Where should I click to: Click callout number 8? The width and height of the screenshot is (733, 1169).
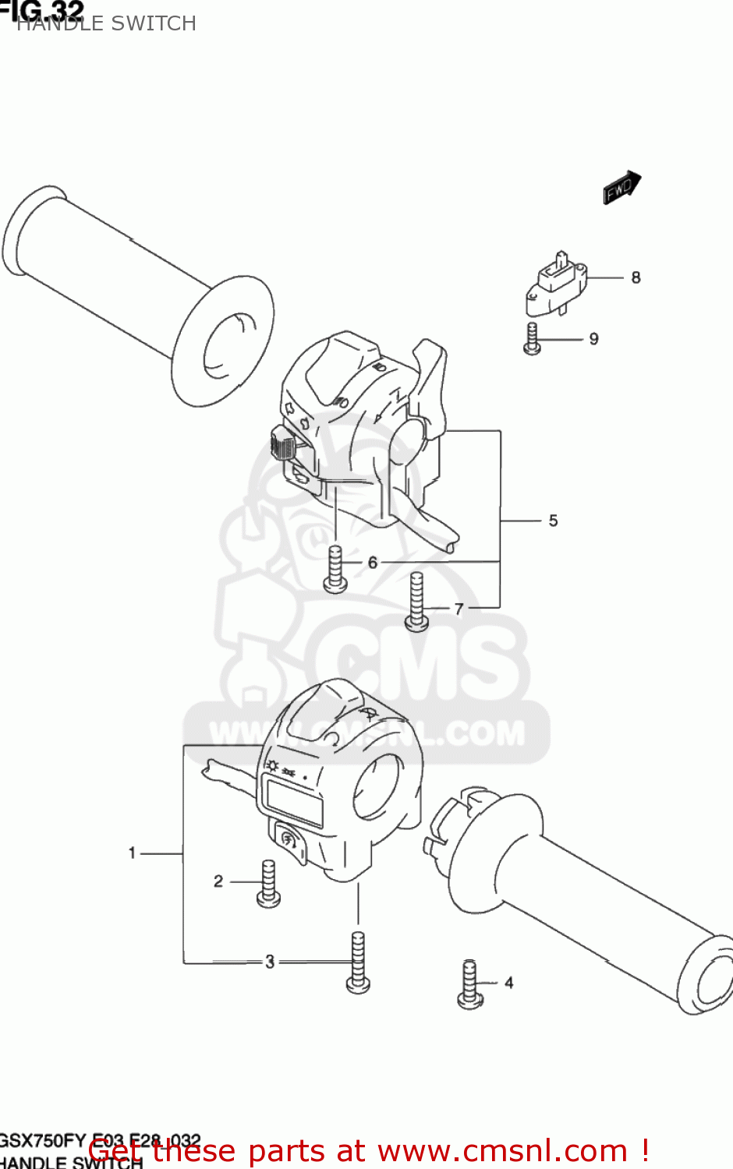coord(636,277)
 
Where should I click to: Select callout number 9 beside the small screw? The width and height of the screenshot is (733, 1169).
coord(593,339)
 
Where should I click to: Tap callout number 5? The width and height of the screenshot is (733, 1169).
coord(553,521)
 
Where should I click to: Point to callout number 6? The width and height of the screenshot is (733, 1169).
coord(373,562)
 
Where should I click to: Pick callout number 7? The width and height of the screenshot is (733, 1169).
coord(459,609)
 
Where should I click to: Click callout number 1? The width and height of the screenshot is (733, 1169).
coord(133,853)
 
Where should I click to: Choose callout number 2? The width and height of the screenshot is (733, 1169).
coord(218,881)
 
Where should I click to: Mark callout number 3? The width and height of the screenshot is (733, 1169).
coord(270,962)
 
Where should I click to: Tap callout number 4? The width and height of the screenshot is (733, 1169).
coord(508,983)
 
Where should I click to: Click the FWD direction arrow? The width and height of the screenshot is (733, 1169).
coord(621,188)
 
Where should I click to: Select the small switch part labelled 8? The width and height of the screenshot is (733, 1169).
coord(556,283)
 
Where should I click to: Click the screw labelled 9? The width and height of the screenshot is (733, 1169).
coord(533,339)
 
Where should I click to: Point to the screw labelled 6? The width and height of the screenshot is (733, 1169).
coord(335,569)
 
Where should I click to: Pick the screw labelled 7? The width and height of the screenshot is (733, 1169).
coord(417,602)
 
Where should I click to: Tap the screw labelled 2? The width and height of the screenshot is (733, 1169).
coord(268,884)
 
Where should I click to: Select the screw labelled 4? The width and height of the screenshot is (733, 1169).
coord(470,984)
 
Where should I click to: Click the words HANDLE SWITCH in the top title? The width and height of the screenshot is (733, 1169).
coord(106,23)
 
